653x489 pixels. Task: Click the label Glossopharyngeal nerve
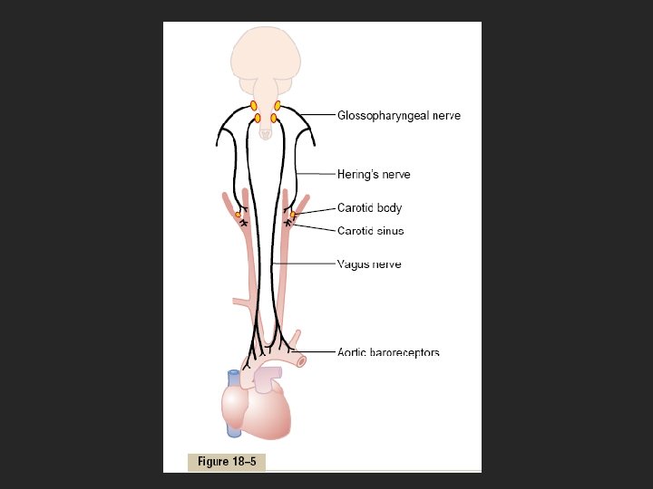point(399,116)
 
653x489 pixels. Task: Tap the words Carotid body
point(369,208)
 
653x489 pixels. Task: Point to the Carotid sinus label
point(370,231)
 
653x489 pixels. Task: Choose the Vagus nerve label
point(369,264)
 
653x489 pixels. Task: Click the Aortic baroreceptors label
point(388,352)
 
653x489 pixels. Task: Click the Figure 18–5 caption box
point(227,462)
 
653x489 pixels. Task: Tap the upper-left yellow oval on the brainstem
point(254,106)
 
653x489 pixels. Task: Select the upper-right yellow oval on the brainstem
point(278,106)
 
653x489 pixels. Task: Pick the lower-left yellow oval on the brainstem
point(258,118)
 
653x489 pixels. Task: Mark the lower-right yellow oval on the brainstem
point(273,118)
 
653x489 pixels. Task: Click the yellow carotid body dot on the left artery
point(238,215)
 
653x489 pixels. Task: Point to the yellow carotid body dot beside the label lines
point(293,215)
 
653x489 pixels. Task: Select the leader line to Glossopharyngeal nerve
point(317,115)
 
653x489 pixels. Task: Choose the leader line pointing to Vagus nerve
point(308,264)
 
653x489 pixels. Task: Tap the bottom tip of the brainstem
point(265,135)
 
